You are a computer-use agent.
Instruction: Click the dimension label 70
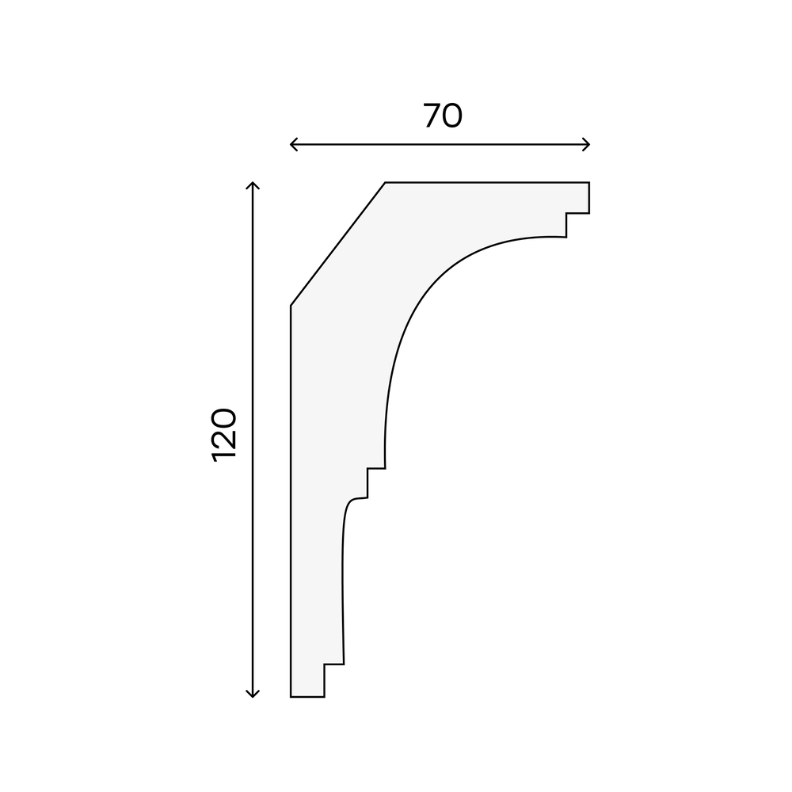point(443,116)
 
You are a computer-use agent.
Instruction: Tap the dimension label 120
point(224,435)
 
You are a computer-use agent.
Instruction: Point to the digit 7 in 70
point(432,116)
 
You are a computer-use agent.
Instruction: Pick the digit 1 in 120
point(224,457)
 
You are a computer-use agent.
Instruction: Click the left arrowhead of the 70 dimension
point(293,144)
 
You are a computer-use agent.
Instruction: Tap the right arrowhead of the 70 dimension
point(586,144)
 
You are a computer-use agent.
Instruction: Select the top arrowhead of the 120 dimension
point(252,185)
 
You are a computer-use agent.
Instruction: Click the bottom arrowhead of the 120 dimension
point(252,694)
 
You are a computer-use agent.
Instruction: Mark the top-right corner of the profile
point(589,182)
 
